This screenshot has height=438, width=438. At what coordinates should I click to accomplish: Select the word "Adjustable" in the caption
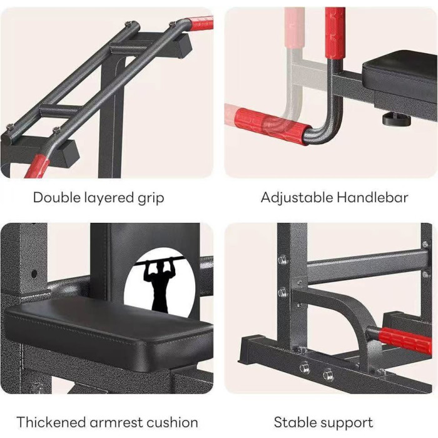point(297,198)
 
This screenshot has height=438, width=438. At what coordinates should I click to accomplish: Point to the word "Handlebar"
point(372,197)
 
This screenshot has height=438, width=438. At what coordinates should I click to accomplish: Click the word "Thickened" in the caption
point(51,422)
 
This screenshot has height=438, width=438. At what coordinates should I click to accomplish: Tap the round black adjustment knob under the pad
point(397,120)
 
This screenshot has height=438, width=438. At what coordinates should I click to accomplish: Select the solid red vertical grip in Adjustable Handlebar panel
point(335,33)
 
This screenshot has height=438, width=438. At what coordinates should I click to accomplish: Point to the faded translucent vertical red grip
point(294,28)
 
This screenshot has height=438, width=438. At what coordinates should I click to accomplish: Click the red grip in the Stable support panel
point(405,340)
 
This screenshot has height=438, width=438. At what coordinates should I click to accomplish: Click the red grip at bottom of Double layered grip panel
point(37,166)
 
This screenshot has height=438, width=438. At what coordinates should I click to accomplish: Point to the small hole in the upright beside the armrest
point(34,274)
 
